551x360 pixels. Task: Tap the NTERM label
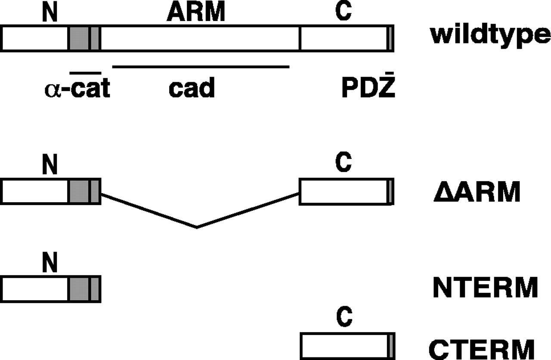pos(485,288)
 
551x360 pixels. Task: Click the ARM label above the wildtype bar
pos(196,13)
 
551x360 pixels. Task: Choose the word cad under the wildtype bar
pos(192,89)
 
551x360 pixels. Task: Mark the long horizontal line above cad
pos(201,67)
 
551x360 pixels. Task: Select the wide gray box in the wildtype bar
pos(79,38)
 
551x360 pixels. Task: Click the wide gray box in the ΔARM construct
pos(79,191)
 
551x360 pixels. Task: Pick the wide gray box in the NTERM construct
pos(79,289)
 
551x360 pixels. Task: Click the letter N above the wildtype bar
pos(50,13)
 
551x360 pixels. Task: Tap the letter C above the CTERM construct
pos(344,319)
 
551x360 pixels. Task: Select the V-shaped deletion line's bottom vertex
pos(197,227)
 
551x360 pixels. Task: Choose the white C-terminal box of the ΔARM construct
pos(343,192)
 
